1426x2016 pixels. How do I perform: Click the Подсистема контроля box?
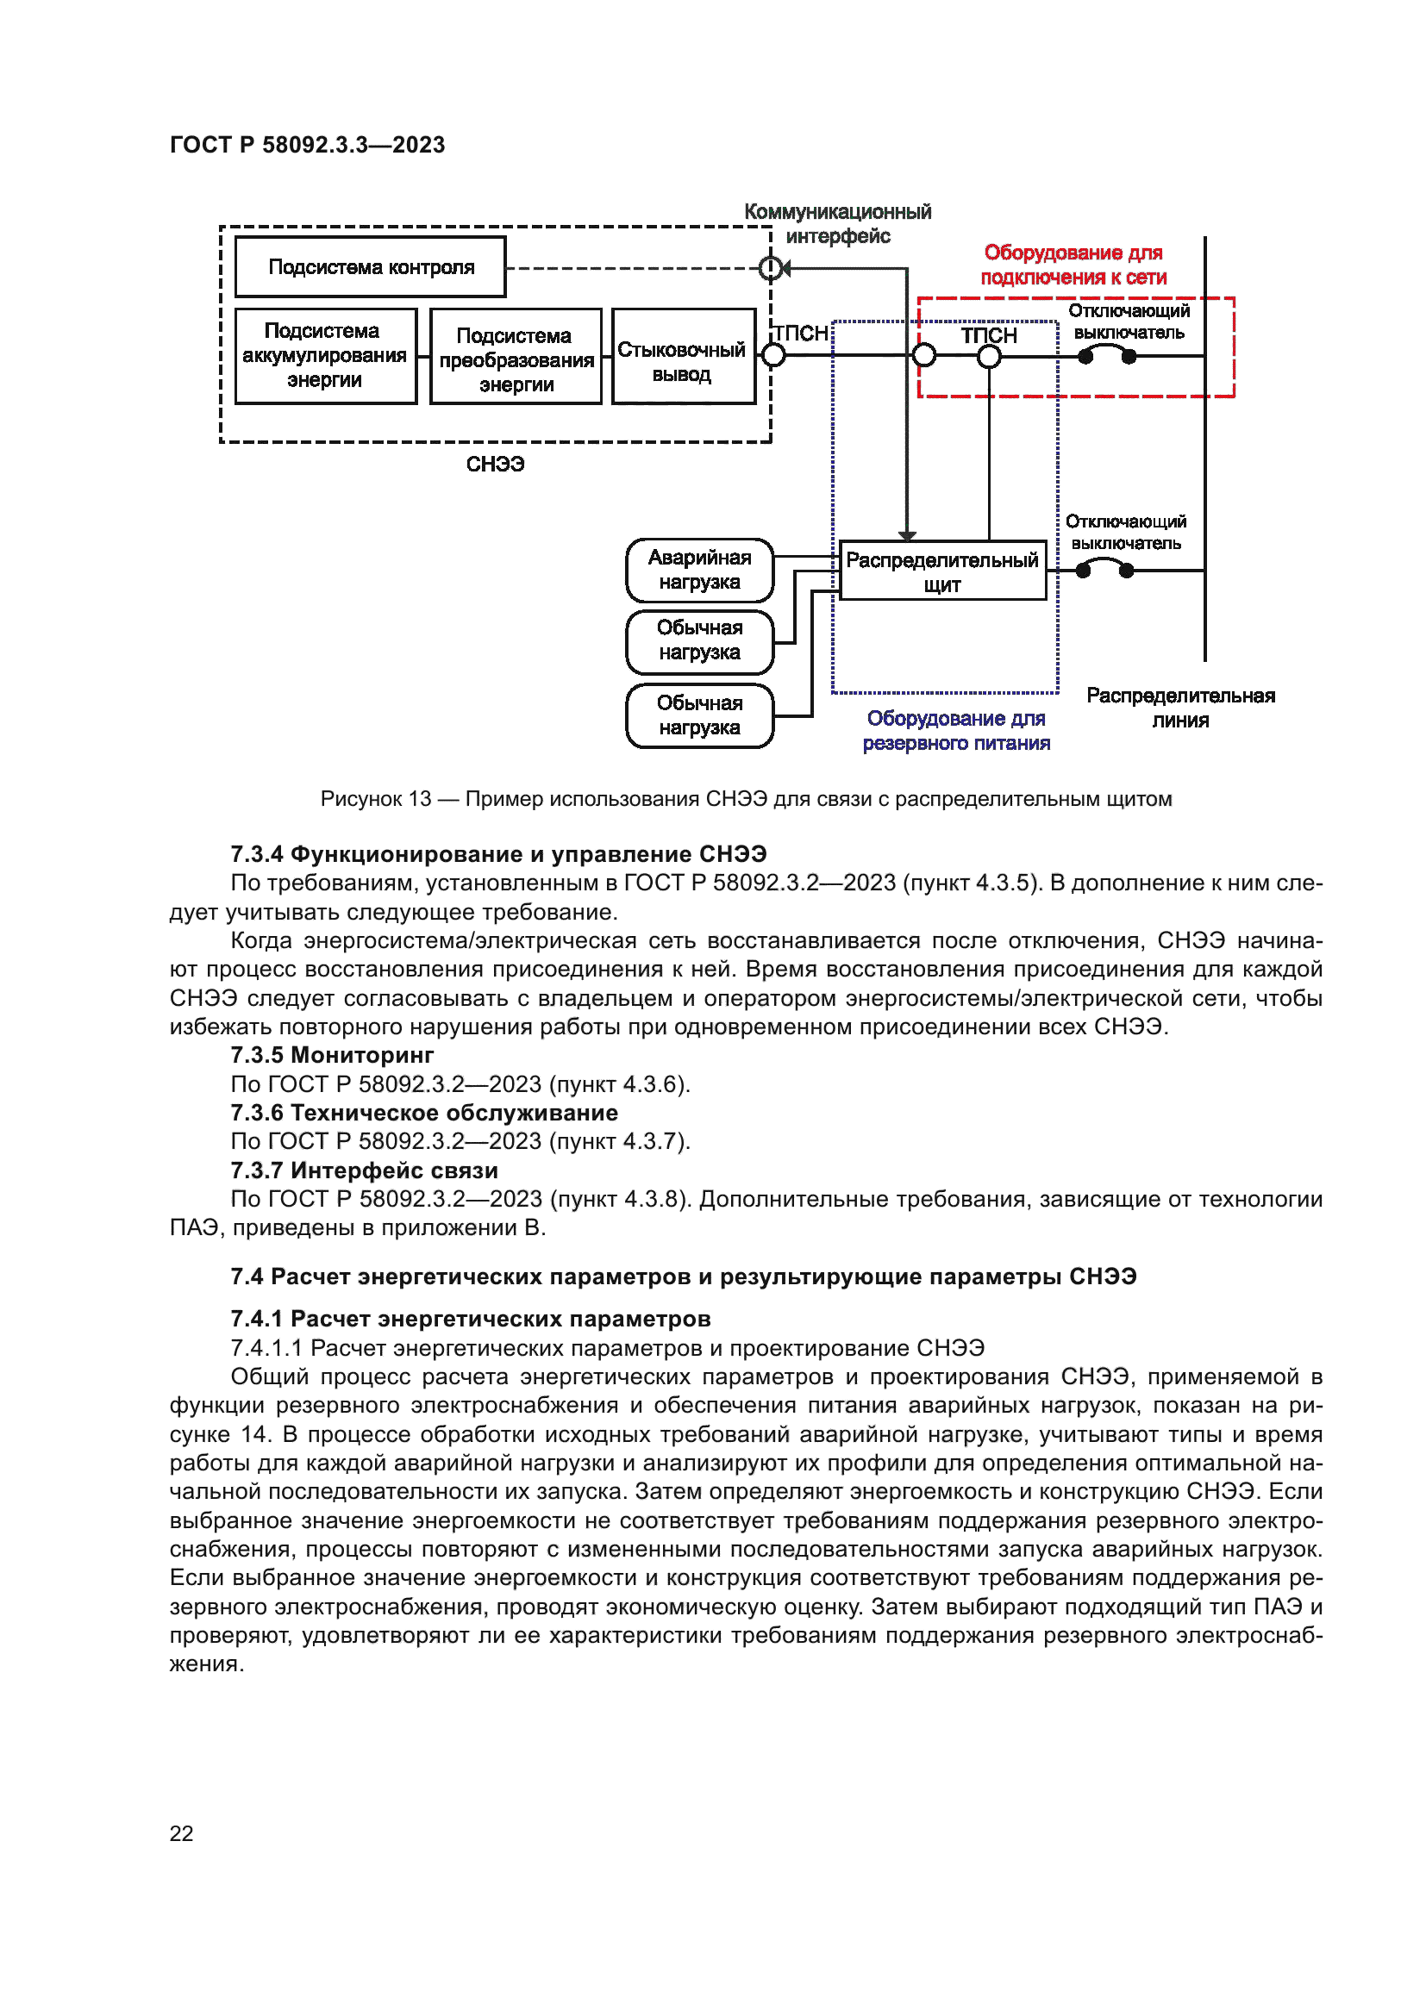click(371, 267)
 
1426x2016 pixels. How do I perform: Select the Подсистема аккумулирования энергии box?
click(325, 356)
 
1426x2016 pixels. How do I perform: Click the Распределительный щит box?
click(942, 571)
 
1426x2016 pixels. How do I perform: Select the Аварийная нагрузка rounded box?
click(699, 570)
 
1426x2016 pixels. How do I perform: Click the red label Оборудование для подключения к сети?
click(1073, 265)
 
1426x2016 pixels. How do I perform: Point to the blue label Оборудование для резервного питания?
click(956, 731)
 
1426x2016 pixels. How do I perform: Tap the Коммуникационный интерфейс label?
click(837, 224)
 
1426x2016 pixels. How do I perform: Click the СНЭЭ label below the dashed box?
click(494, 465)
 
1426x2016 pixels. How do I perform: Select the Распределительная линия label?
click(1179, 708)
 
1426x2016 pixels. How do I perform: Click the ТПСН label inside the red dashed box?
click(989, 335)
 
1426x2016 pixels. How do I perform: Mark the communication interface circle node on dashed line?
click(770, 268)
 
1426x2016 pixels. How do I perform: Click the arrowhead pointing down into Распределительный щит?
click(907, 534)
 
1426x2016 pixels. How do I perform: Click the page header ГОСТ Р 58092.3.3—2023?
click(307, 145)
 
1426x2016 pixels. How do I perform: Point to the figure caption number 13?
click(419, 799)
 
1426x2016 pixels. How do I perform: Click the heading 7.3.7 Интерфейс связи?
click(364, 1170)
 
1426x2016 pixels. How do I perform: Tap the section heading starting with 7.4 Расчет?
click(683, 1276)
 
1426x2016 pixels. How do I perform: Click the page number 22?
click(181, 1833)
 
